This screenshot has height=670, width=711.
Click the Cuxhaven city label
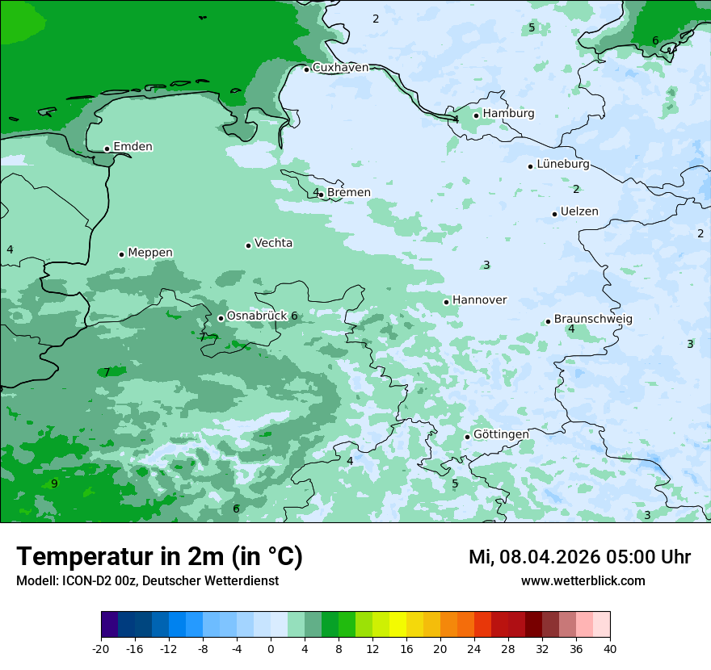click(340, 68)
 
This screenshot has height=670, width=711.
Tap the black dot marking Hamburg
click(477, 115)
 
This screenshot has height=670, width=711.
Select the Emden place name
click(133, 147)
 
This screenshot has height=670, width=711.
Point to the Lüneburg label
click(563, 165)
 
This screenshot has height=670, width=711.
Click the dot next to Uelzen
click(555, 214)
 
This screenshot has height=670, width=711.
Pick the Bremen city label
click(349, 193)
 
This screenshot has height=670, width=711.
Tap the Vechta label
click(273, 243)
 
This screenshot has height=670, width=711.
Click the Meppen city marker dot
click(121, 254)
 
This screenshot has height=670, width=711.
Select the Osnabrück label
click(257, 316)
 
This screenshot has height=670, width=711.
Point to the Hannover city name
click(479, 300)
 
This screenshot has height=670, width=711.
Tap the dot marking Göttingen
click(467, 437)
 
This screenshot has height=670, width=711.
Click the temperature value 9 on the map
click(54, 484)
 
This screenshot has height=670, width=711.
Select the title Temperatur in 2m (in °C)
click(159, 557)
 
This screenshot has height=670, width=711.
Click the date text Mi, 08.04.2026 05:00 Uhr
click(579, 557)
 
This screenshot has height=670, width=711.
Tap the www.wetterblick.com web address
click(583, 581)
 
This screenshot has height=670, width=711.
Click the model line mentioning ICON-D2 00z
click(147, 581)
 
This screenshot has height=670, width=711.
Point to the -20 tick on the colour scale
click(101, 648)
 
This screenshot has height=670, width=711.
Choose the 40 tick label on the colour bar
click(610, 648)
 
